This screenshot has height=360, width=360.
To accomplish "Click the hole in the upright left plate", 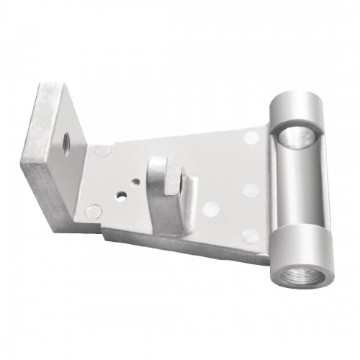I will point(66,141).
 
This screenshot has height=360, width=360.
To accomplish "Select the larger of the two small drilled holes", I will point(122,195).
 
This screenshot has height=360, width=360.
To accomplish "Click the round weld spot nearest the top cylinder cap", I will point(251,136).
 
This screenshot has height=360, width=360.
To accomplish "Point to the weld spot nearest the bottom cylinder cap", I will point(251,235).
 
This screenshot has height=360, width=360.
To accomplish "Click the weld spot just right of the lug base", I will point(210,210).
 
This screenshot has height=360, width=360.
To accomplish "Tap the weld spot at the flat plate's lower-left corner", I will point(93,212).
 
